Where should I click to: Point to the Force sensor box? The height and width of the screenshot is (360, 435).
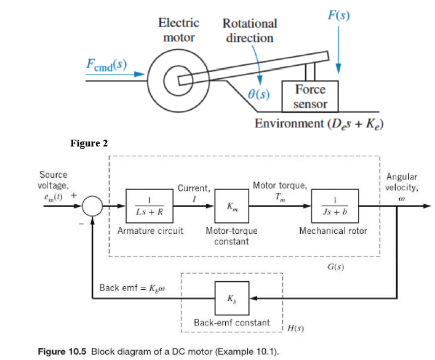tap(310, 97)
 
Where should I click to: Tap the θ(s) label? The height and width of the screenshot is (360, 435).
tap(258, 95)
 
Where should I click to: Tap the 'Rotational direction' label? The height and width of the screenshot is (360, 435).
tap(249, 31)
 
